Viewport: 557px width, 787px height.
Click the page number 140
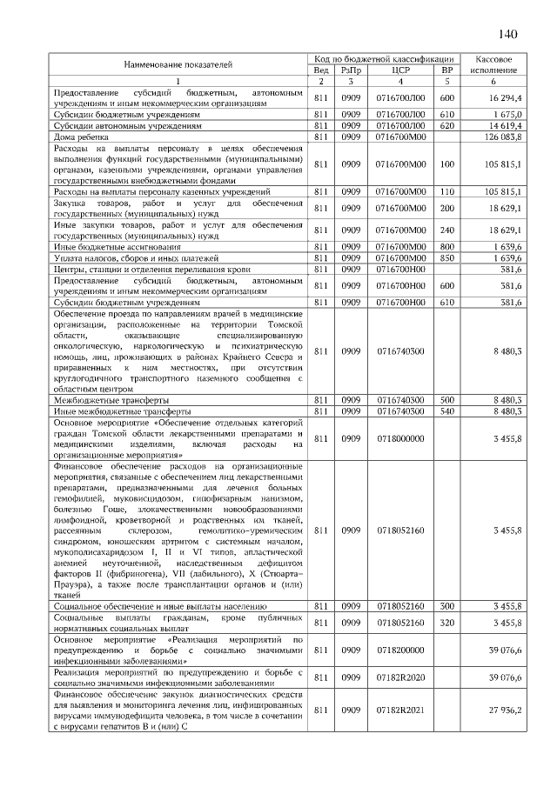click(508, 34)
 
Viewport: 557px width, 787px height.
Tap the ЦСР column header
click(401, 70)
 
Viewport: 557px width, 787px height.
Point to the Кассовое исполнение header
click(493, 63)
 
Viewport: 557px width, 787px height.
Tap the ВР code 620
click(447, 126)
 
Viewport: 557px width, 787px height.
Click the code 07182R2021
click(401, 710)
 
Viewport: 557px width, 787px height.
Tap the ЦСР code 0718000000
click(401, 439)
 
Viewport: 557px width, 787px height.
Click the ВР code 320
click(447, 623)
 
